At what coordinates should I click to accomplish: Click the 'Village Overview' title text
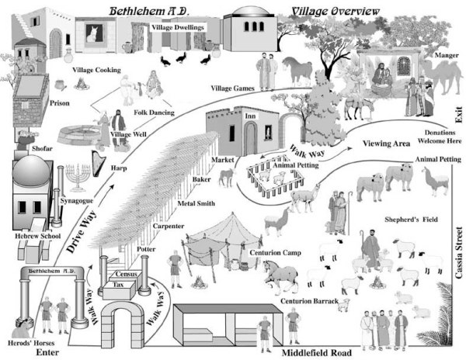click(x=335, y=11)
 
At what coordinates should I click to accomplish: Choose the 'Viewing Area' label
click(x=387, y=144)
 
